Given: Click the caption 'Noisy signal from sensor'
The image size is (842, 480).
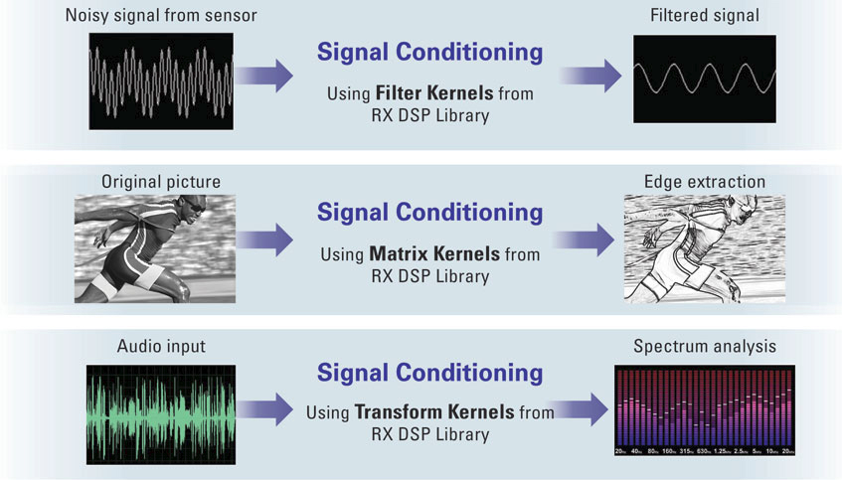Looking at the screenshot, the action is [x=161, y=15].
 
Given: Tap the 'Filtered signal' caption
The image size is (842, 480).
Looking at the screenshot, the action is [x=705, y=15].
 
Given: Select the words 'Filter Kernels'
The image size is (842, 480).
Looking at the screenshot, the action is [x=433, y=92].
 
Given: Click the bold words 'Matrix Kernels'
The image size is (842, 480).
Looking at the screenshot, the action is [x=433, y=253].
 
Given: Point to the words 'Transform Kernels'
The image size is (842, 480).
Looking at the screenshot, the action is [x=434, y=411].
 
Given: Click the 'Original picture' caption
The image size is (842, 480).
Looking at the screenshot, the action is [x=161, y=182].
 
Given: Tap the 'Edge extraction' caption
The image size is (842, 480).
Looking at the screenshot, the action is [x=705, y=182].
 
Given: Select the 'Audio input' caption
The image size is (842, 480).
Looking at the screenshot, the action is [x=161, y=346].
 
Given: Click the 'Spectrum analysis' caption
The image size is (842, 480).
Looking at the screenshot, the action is [x=705, y=346].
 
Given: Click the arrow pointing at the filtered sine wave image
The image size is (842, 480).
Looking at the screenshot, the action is [x=590, y=76].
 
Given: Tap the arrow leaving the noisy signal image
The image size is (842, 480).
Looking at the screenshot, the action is [x=263, y=76].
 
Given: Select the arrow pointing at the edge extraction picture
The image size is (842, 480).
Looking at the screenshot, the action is [x=584, y=239].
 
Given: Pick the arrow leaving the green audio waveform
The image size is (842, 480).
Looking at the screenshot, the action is [x=264, y=409].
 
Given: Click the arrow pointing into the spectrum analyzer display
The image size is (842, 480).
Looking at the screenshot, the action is [x=580, y=409].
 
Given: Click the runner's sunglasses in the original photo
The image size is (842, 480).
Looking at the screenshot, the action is [x=195, y=206].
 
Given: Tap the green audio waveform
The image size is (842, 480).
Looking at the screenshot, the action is [x=161, y=414].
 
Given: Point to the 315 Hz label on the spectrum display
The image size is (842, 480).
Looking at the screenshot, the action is [x=687, y=451].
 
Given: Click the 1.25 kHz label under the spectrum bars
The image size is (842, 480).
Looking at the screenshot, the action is [x=722, y=451].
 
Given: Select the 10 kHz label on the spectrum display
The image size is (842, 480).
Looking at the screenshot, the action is [x=771, y=451].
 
